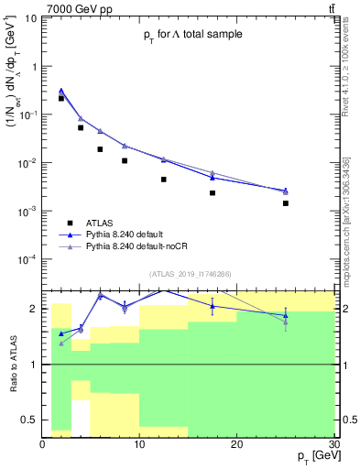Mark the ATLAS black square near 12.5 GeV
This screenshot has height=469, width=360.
coord(164,180)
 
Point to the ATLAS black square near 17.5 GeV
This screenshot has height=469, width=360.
coord(213,193)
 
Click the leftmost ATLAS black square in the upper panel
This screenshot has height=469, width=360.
coord(61,98)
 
